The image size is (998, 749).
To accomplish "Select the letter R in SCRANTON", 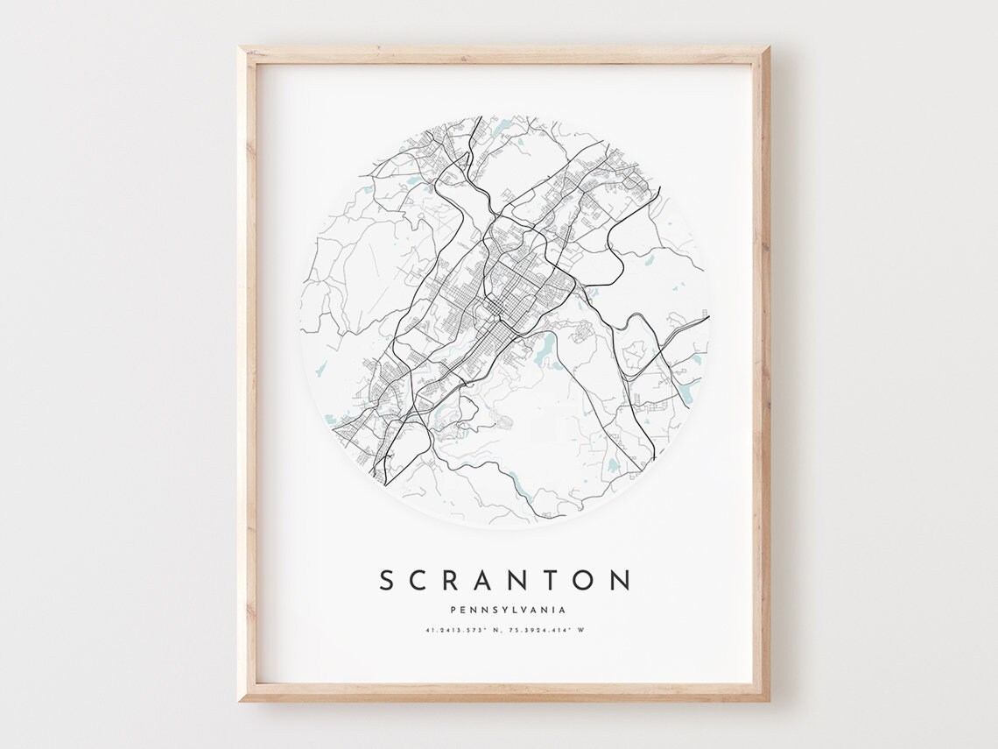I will pos(458,580).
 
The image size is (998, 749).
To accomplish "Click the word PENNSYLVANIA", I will pos(507,611).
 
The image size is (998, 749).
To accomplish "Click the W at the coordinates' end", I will pos(580,630).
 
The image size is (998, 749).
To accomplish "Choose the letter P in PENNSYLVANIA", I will pos(452,611).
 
